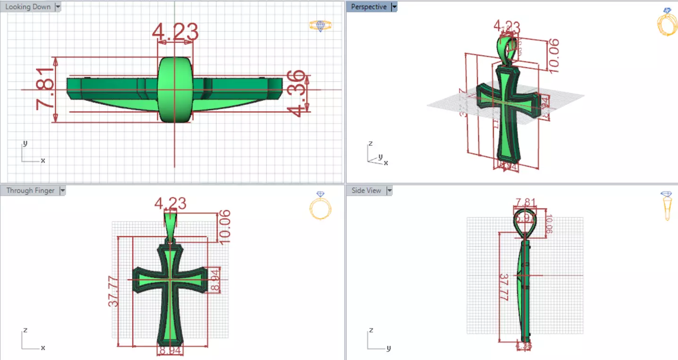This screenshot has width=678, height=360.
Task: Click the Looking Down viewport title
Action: point(27,7)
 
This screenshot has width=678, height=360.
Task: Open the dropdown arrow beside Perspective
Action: point(394,7)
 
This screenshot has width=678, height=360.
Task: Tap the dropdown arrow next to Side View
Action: point(390,190)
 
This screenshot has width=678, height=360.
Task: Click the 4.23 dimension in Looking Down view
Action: point(175,32)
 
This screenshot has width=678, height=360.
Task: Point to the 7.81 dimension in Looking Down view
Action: point(45,89)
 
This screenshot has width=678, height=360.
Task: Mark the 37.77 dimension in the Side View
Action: point(504,287)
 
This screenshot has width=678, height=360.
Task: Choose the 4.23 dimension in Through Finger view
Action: point(170,204)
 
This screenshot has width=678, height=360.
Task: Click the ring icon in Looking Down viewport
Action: point(320,26)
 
